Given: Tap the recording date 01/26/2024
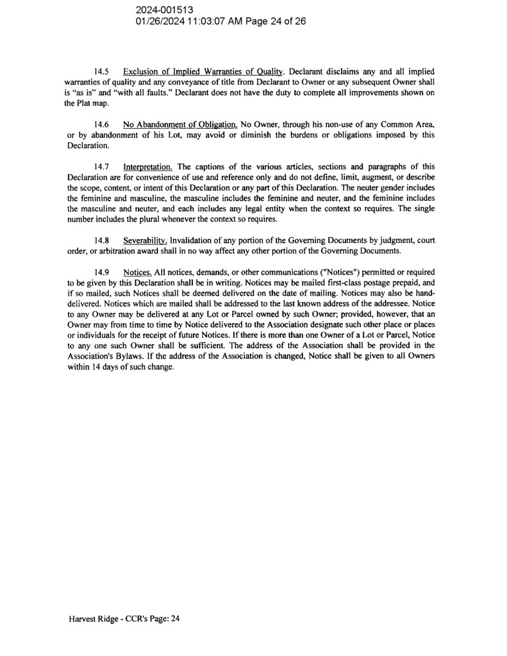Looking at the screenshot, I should click(x=160, y=21).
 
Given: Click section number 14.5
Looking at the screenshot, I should click(x=101, y=72).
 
